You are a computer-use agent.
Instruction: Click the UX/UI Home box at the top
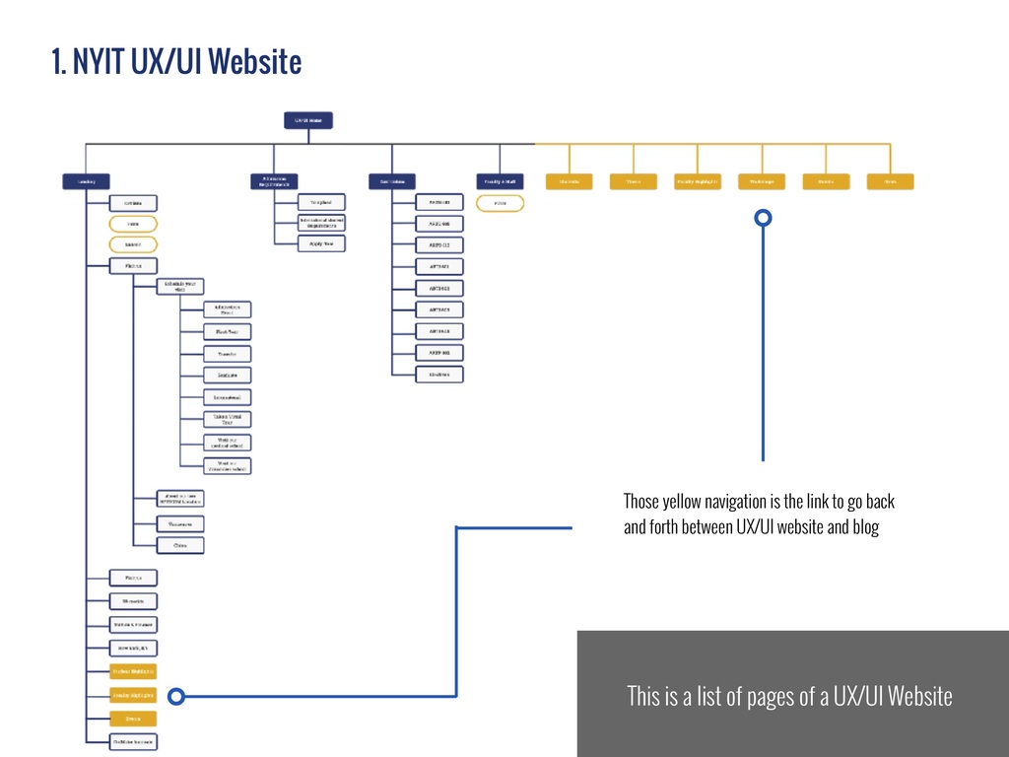(307, 120)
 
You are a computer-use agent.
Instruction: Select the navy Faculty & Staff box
(500, 181)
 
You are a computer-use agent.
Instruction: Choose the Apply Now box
(321, 243)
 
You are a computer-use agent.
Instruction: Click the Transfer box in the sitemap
(227, 354)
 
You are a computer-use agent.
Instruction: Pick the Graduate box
(227, 376)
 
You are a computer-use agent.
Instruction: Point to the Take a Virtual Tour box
(227, 420)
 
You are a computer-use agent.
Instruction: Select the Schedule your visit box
(179, 287)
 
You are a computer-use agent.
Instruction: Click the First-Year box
(227, 332)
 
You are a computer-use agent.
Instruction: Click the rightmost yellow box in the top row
(890, 181)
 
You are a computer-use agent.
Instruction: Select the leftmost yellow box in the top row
(569, 181)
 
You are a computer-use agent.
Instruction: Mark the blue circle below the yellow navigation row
(763, 218)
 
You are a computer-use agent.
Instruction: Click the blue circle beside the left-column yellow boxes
(175, 697)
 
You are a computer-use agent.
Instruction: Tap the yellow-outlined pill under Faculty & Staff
(500, 204)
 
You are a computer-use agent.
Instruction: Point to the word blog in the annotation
(864, 527)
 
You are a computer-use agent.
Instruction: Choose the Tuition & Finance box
(133, 625)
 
